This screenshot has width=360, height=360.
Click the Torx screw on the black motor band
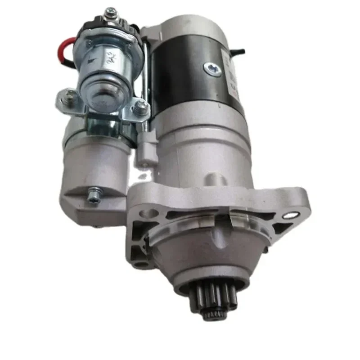click(x=212, y=69)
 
